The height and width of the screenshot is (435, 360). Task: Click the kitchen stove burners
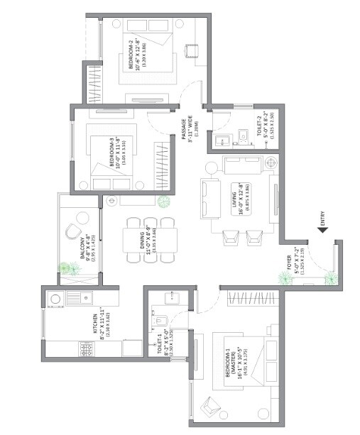tap(87, 351)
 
